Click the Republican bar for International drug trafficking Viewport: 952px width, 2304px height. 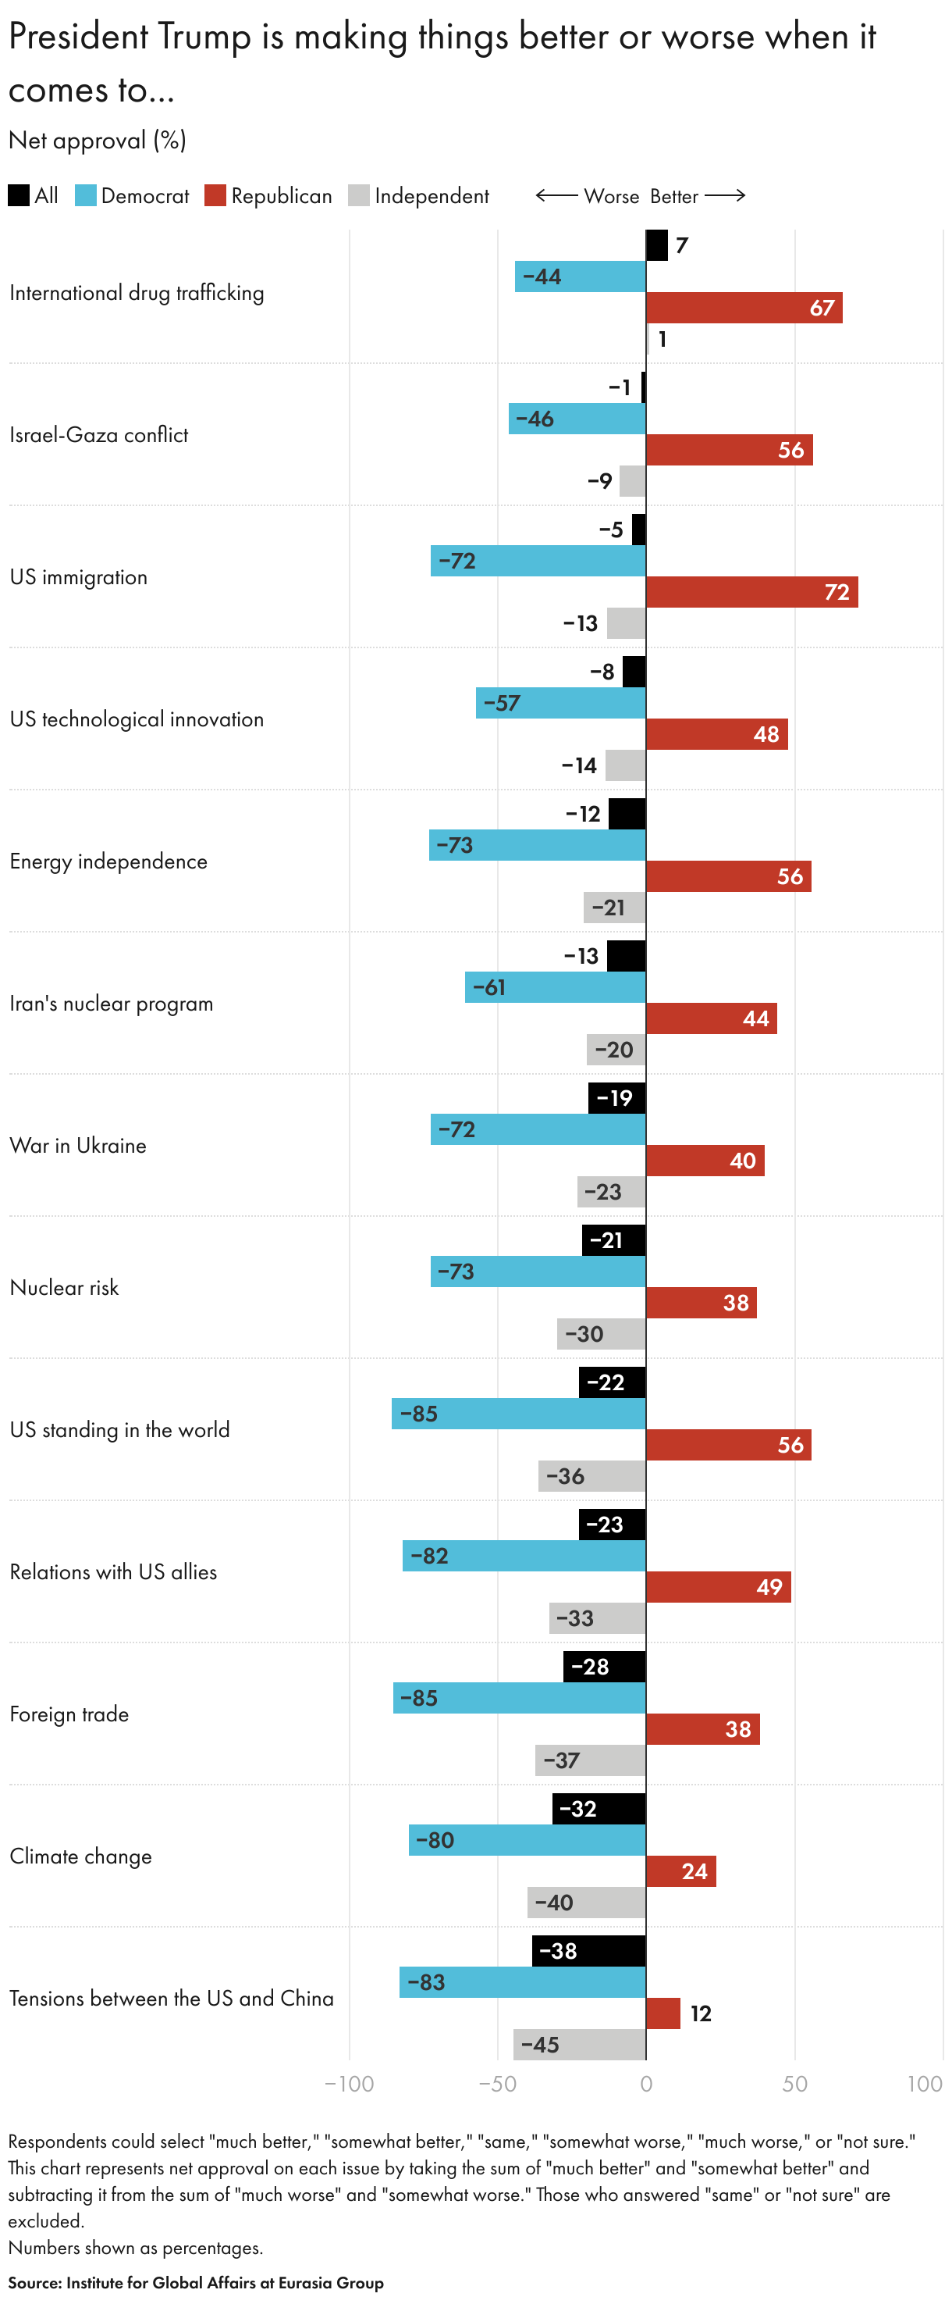click(743, 308)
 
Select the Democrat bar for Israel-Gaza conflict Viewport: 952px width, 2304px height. click(577, 419)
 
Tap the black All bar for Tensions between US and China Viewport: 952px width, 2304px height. click(588, 1951)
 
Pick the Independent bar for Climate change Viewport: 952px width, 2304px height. click(586, 1903)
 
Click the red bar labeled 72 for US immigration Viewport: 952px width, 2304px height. click(751, 592)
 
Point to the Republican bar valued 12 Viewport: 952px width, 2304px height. click(662, 2013)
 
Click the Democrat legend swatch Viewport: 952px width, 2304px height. click(86, 196)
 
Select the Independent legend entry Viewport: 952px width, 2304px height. click(418, 196)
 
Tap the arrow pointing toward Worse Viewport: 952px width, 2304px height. click(556, 196)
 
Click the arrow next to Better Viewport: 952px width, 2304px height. click(725, 196)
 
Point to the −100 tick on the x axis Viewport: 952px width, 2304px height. click(349, 2084)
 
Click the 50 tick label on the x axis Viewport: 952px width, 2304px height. click(794, 2084)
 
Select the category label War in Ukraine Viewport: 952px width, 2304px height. click(78, 1146)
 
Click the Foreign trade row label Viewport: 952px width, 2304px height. click(69, 1714)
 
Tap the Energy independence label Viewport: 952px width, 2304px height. click(108, 861)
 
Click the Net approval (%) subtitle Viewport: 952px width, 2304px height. click(97, 141)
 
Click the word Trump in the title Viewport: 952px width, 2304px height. click(204, 37)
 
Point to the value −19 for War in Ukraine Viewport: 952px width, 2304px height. click(614, 1098)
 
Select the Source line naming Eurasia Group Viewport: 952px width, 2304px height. click(196, 2283)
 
